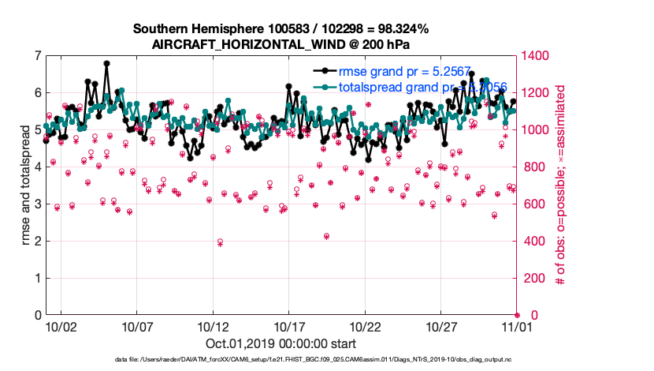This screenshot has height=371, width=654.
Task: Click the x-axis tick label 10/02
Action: pos(61,325)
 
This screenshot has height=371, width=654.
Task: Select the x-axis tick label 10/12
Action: pos(213,325)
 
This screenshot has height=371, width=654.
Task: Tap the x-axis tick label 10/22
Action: pos(366,325)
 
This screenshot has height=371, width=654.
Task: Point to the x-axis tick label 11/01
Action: pos(518,325)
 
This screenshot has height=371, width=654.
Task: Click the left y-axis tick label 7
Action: pos(38,56)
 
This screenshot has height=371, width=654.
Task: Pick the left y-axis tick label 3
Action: pos(38,204)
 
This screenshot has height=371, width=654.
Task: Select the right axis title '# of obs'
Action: pos(561,185)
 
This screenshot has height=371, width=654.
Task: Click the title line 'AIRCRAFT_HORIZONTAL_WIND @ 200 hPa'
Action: pos(281,44)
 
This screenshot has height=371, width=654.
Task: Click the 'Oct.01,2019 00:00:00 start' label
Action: pos(281,343)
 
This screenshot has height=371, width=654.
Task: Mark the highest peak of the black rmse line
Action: pos(106,63)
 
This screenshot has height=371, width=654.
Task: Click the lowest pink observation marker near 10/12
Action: pos(220,242)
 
